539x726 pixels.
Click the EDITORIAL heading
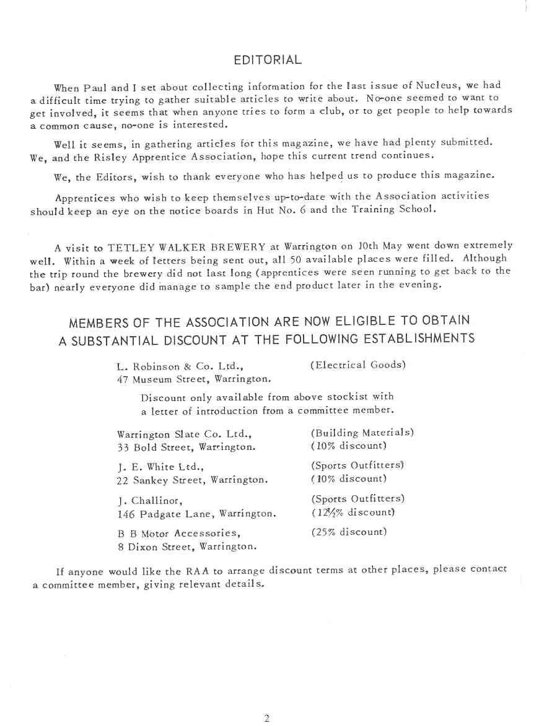pyautogui.click(x=268, y=60)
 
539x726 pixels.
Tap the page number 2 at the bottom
pyautogui.click(x=266, y=718)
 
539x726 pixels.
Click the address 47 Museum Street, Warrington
pyautogui.click(x=193, y=379)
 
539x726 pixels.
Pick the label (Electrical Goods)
pyautogui.click(x=357, y=365)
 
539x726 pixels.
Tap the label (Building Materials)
pyautogui.click(x=362, y=433)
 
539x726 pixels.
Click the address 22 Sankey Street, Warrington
pyautogui.click(x=192, y=480)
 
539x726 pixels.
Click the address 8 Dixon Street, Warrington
pyautogui.click(x=186, y=547)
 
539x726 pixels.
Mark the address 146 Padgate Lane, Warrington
pyautogui.click(x=196, y=513)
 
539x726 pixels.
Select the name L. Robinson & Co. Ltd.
pyautogui.click(x=183, y=366)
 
